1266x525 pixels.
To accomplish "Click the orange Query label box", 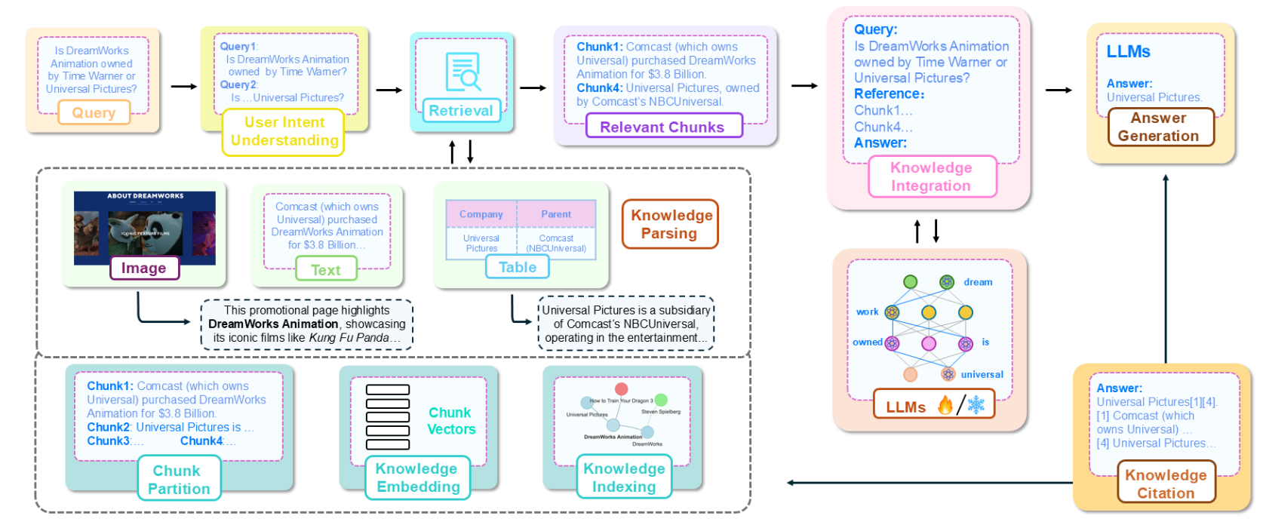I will coord(94,113).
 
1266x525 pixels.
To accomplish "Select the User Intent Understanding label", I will coord(284,132).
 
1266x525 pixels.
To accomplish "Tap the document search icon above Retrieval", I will coord(462,72).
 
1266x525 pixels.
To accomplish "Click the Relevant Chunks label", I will coord(663,127).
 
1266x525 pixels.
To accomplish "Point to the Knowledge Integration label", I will coord(932,177).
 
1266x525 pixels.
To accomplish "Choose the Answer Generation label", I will coord(1159,127).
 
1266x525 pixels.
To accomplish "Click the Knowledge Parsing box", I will coord(670,224).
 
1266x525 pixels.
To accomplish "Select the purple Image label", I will coord(144,268).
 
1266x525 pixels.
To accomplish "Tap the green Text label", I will coord(325,269).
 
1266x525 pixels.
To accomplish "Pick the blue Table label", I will coord(518,267).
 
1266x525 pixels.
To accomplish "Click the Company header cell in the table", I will coord(481,214).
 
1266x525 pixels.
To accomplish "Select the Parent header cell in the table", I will coord(556,214).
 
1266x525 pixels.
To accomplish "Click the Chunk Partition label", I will coord(178,480).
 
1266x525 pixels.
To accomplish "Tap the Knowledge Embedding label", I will coord(417,477).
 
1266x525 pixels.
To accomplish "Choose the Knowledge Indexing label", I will coord(624,477).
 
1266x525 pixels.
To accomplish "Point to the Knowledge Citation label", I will coord(1166,484).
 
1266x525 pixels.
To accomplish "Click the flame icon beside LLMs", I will coord(945,406).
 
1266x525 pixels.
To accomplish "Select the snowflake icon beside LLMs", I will coord(976,406).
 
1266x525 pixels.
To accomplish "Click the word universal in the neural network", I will coord(982,374).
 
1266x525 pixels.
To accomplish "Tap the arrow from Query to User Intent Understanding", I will coord(183,87).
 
